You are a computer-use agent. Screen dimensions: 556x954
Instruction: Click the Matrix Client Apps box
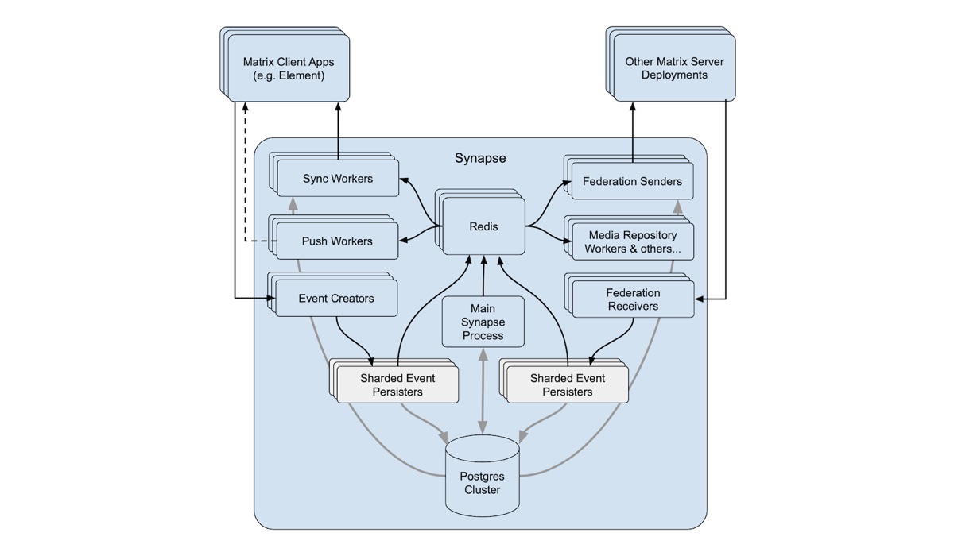click(x=289, y=68)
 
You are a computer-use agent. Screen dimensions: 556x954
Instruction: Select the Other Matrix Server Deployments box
click(x=674, y=68)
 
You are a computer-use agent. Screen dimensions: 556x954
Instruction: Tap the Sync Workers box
click(x=337, y=179)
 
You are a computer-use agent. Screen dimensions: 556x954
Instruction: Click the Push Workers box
click(x=337, y=241)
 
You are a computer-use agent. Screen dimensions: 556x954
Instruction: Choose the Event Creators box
click(x=335, y=299)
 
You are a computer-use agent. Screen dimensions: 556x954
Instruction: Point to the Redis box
click(x=483, y=226)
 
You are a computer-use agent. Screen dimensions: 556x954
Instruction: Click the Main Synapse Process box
click(x=483, y=322)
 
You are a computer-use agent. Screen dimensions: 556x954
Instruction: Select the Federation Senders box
click(x=632, y=181)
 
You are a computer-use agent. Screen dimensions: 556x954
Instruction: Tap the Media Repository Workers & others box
click(x=632, y=241)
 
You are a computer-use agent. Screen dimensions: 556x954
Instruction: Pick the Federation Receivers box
click(x=632, y=299)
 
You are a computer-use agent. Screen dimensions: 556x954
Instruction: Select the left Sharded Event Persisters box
click(x=397, y=384)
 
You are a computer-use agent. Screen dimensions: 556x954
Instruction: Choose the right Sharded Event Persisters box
click(x=568, y=384)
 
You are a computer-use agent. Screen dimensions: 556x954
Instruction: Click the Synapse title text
click(x=480, y=158)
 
